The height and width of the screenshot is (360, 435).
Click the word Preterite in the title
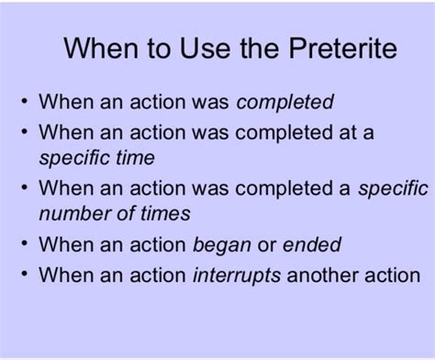[343, 49]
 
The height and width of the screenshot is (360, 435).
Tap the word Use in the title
[205, 49]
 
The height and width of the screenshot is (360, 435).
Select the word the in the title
[260, 49]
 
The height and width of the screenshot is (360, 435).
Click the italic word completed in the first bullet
[284, 103]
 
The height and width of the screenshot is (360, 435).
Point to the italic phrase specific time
[97, 158]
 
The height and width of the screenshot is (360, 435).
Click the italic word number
[75, 214]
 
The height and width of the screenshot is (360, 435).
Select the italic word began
[222, 245]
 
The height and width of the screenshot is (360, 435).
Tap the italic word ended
[312, 244]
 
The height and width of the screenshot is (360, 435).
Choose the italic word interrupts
[237, 276]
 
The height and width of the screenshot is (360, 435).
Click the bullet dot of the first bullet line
[25, 100]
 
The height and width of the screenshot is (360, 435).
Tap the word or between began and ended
[267, 246]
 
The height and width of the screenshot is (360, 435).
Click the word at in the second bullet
[348, 133]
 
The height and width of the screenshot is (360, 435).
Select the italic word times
[165, 213]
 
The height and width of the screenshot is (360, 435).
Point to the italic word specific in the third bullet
[393, 188]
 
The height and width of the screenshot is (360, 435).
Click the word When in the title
[101, 49]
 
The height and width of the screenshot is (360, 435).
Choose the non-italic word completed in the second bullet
[284, 134]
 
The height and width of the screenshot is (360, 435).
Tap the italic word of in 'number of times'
[126, 213]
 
